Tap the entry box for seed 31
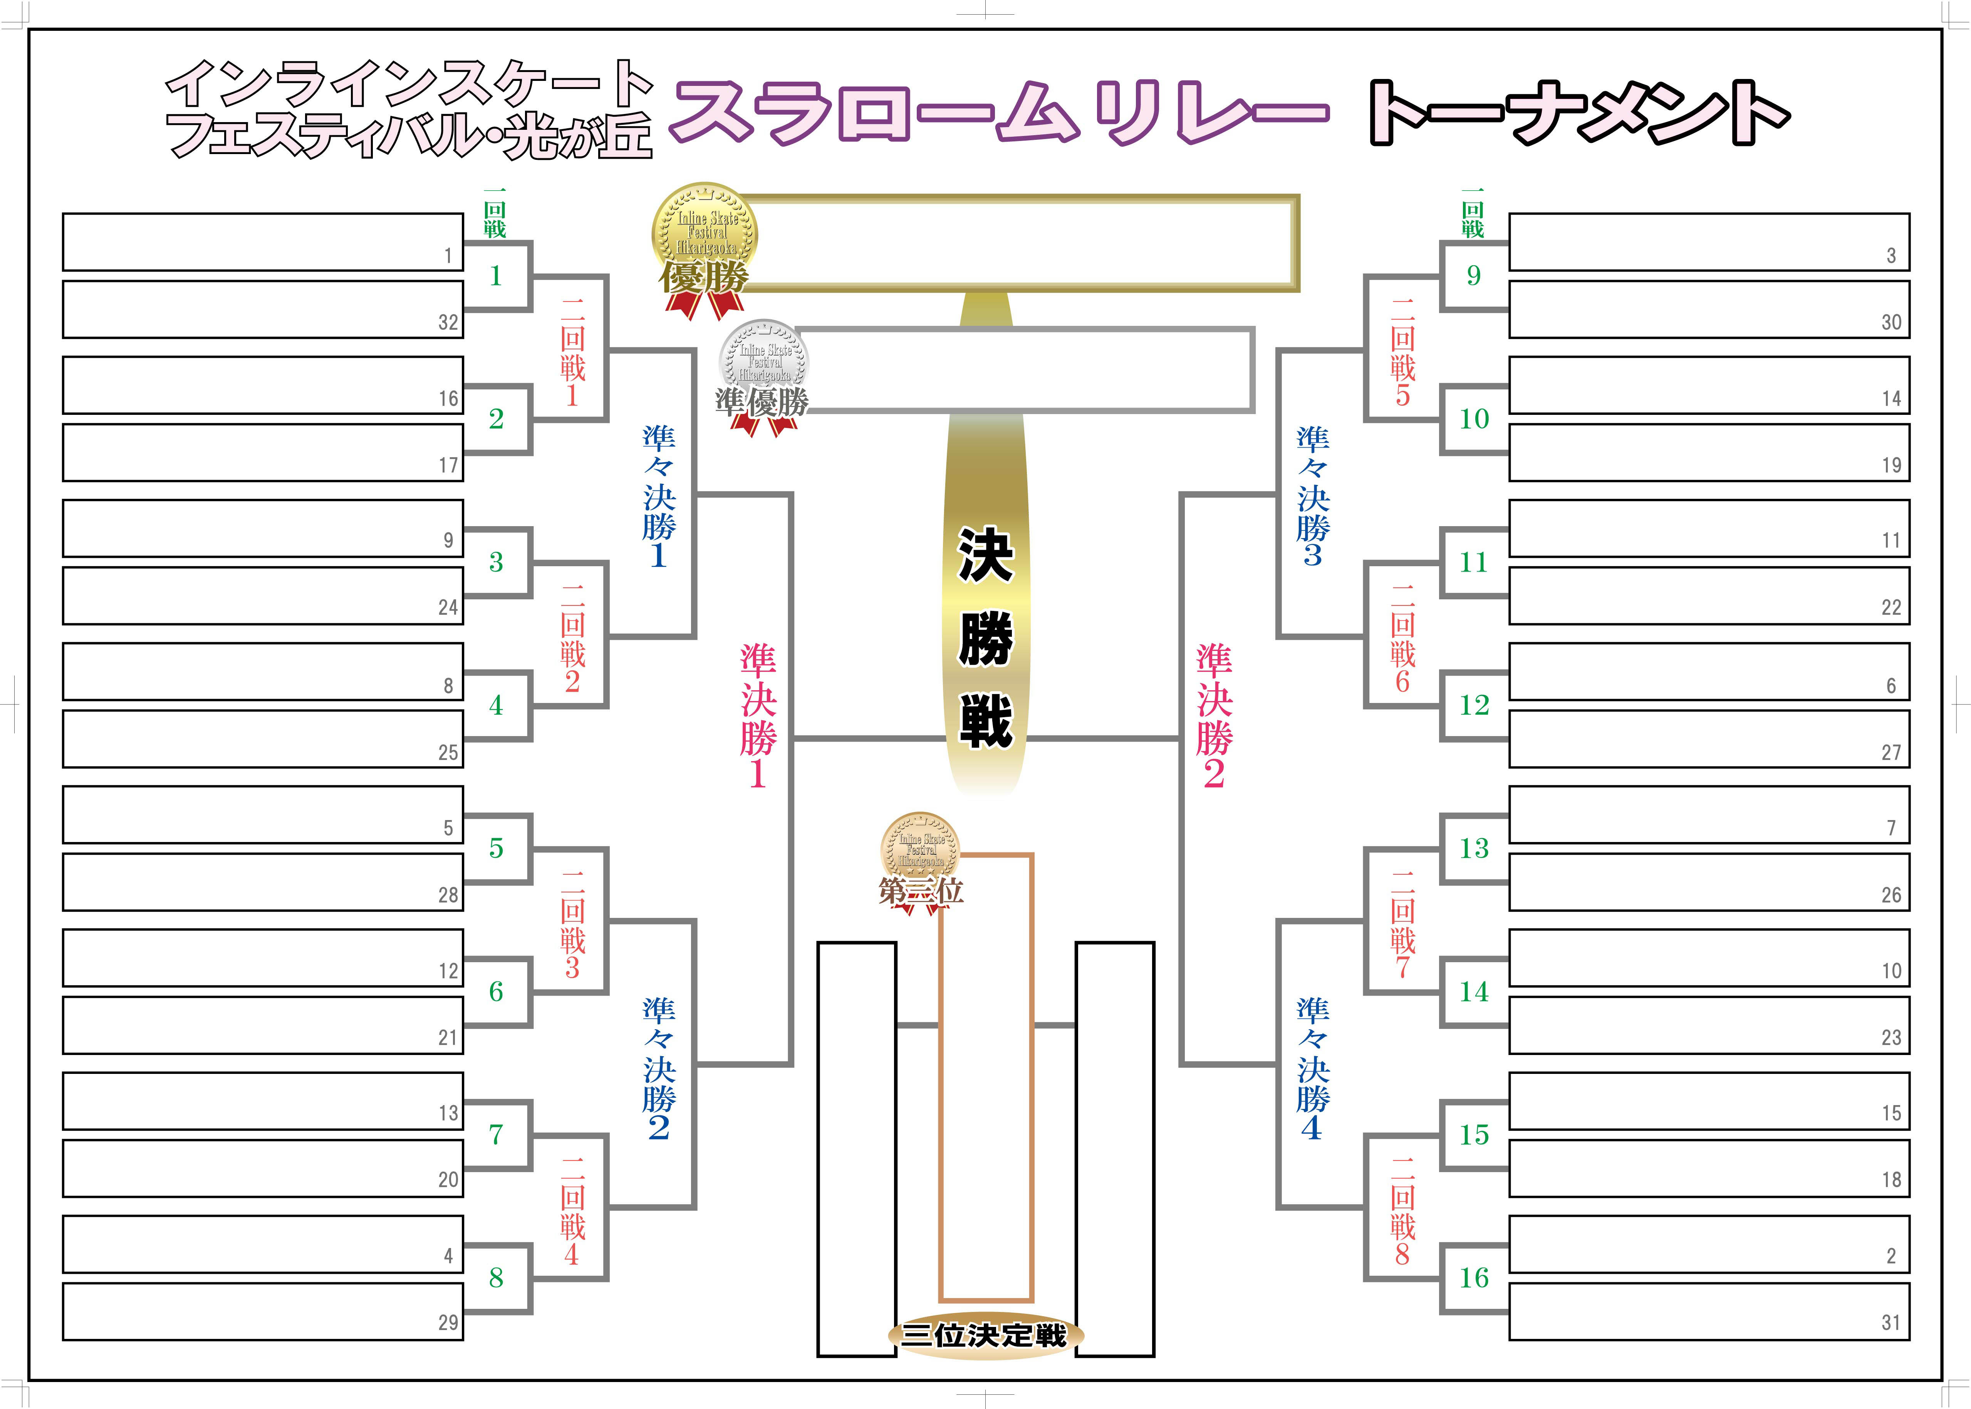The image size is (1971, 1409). (x=1709, y=1311)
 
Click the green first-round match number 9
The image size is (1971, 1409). (x=1473, y=276)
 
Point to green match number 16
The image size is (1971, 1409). (x=1473, y=1277)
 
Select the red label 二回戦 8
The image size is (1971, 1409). (x=1402, y=1211)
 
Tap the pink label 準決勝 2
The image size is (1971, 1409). (x=1214, y=716)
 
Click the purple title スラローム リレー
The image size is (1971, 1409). (x=998, y=113)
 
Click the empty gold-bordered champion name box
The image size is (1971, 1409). (x=1019, y=243)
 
